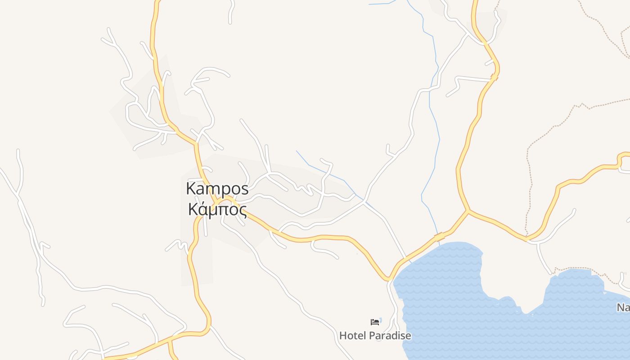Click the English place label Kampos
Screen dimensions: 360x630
[217, 189]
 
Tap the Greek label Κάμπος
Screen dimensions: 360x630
[217, 209]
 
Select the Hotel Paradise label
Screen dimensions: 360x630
[375, 336]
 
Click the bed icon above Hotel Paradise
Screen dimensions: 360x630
[375, 322]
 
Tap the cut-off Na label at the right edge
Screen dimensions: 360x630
[623, 308]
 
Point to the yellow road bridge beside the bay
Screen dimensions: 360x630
[439, 236]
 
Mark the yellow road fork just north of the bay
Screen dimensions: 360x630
[468, 210]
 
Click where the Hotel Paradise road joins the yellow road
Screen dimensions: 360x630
[388, 280]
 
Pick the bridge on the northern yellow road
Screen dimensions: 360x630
[494, 77]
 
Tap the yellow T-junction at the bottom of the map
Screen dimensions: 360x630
[169, 340]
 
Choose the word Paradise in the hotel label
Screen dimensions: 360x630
[390, 336]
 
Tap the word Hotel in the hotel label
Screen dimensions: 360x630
[353, 336]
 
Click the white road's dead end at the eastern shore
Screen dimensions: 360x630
[550, 273]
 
